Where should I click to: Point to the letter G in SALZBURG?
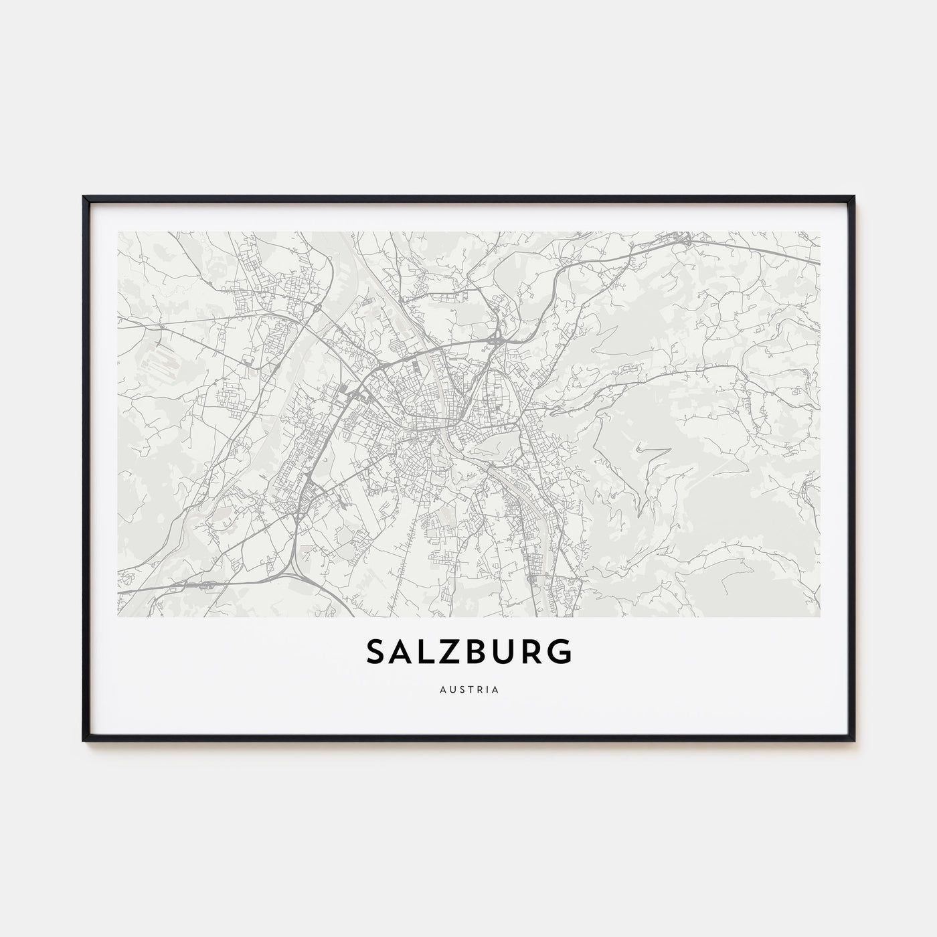(560, 652)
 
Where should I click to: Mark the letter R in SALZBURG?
(532, 652)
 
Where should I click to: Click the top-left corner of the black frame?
(84, 197)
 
